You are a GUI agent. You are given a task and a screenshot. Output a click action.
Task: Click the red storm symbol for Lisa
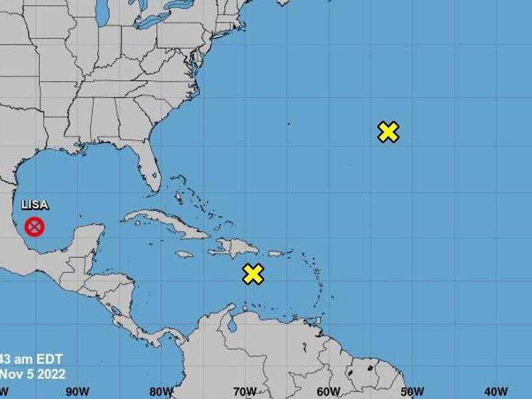tap(34, 227)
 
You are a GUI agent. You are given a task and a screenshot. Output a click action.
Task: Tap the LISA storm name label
tap(35, 205)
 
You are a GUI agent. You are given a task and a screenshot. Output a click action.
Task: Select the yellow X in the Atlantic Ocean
tap(388, 132)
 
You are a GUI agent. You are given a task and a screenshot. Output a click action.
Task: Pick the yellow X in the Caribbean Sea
tap(253, 273)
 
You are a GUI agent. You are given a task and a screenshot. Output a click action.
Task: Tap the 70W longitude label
tap(245, 392)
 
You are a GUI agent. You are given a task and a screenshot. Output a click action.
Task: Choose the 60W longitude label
tap(329, 392)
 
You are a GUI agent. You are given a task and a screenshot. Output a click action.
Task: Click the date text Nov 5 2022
tap(33, 374)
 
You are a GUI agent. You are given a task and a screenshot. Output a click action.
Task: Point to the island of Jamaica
tap(184, 254)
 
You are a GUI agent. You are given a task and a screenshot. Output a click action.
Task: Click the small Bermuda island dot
tap(289, 123)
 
